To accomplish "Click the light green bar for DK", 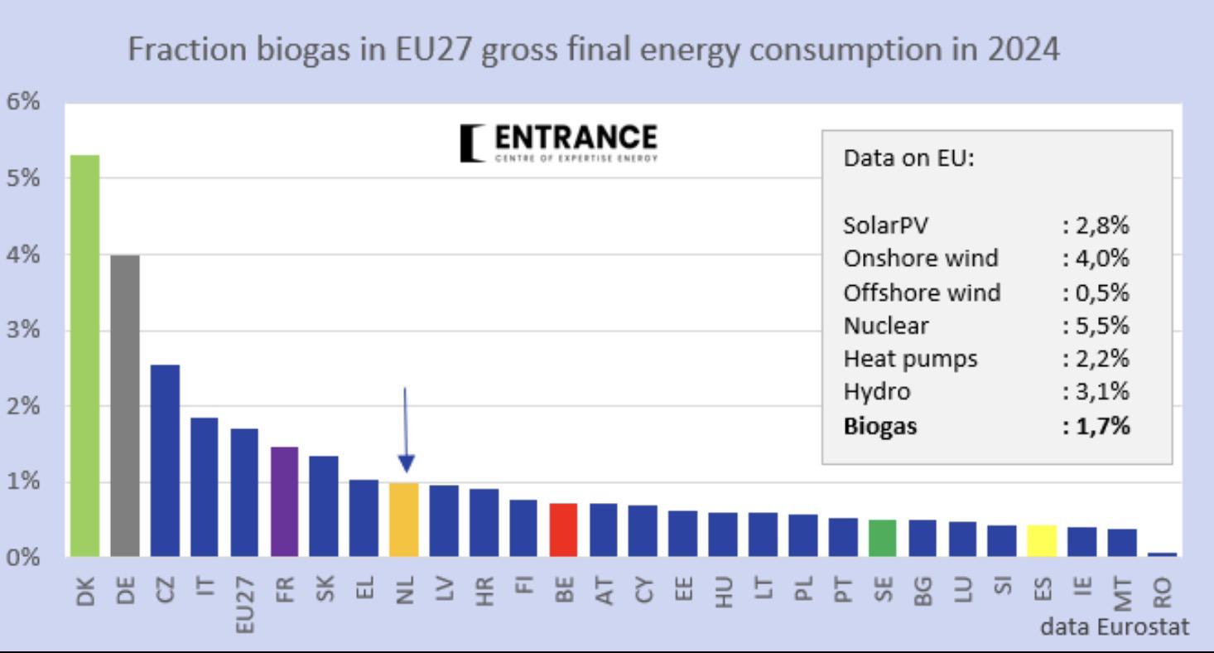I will (84, 356).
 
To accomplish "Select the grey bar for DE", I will (125, 405).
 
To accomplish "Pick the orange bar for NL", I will (404, 520).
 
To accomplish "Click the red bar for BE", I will (563, 530).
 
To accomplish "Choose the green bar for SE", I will (883, 538).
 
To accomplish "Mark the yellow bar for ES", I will (1042, 540).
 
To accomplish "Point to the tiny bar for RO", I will (1162, 554).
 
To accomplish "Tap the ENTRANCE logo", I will (559, 143).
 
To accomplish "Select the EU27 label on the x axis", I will (244, 603).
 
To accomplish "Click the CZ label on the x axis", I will (165, 590).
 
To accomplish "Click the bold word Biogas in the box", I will (880, 427).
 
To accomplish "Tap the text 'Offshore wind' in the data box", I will (922, 293).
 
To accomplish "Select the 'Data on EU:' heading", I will (909, 159).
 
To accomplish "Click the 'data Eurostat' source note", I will (1115, 627).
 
